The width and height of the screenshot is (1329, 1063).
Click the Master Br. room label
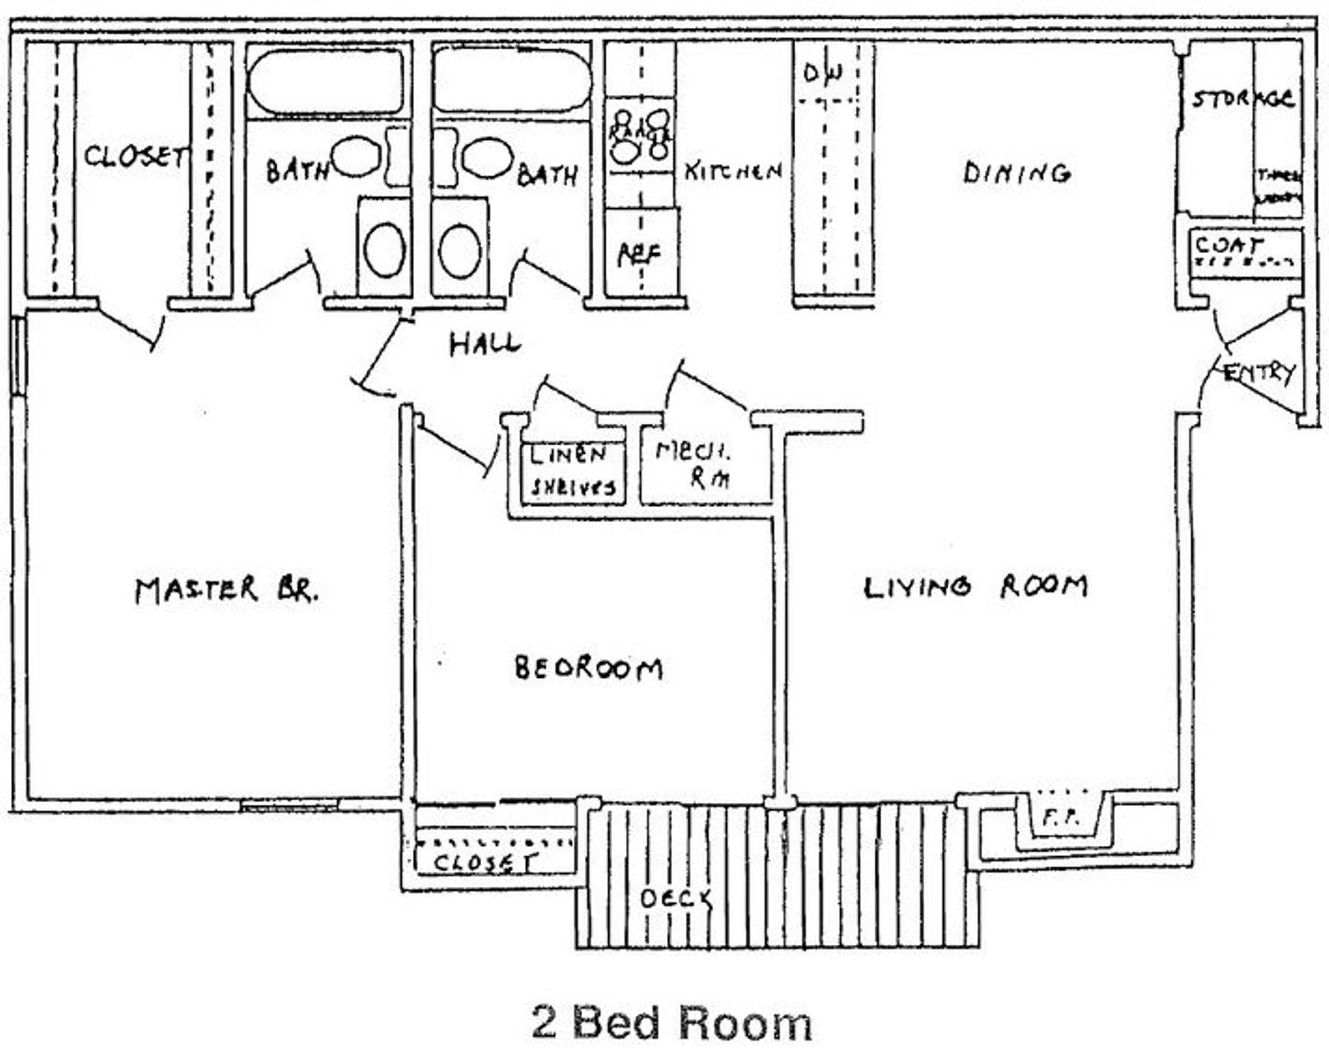point(227,590)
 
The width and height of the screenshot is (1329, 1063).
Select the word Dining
point(1016,172)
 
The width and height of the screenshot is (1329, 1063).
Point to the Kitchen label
point(733,171)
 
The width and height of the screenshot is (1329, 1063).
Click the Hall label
point(484,344)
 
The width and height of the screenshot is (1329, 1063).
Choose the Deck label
point(676,898)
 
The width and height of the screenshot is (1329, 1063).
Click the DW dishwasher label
point(823,72)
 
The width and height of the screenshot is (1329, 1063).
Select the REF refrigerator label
point(638,255)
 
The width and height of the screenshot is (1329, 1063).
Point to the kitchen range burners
point(640,134)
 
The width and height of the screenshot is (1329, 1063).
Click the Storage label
point(1243,99)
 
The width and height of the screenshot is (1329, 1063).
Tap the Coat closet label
point(1228,245)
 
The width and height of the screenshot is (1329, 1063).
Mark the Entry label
point(1258,373)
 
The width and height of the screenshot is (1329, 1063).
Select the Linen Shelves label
point(572,471)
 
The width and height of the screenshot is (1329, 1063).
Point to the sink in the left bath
point(357,157)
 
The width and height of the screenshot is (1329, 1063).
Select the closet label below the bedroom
point(484,862)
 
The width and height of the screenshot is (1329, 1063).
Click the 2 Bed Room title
point(671,1022)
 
